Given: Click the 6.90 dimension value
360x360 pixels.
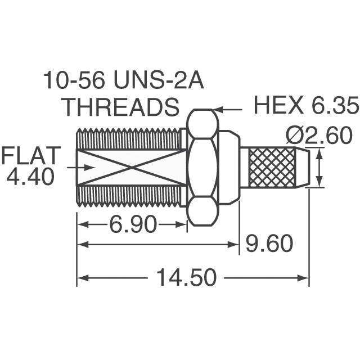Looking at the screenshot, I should [x=132, y=226].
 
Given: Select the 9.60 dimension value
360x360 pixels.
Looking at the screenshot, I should [x=268, y=244].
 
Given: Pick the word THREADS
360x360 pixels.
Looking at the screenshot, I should [x=120, y=106].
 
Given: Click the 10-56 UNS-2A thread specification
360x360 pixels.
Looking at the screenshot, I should [x=124, y=82].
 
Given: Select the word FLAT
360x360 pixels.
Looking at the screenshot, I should [x=30, y=155].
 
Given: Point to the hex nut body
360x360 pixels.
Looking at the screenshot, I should [x=202, y=166].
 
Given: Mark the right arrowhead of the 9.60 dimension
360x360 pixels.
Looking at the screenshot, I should [x=236, y=244].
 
